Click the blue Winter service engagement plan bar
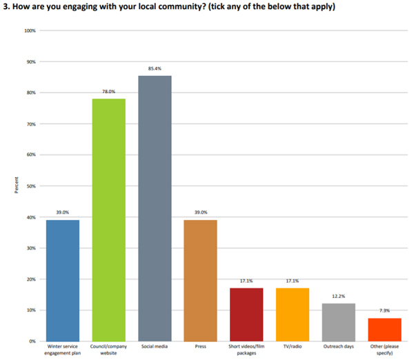click(x=62, y=280)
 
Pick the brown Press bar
click(x=200, y=280)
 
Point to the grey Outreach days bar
click(x=338, y=321)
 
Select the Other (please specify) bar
click(x=384, y=329)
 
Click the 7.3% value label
click(x=384, y=310)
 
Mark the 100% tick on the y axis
click(x=30, y=31)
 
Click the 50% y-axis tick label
click(x=31, y=186)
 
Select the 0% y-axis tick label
click(x=32, y=341)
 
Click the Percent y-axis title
click(x=15, y=186)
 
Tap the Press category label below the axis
click(x=200, y=346)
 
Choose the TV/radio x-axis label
click(x=293, y=346)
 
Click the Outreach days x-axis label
click(x=338, y=346)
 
